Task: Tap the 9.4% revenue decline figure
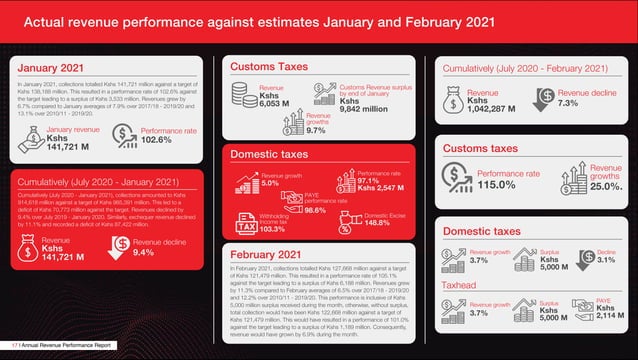[x=143, y=252]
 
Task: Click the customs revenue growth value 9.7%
[x=316, y=130]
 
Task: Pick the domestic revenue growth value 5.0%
[x=271, y=183]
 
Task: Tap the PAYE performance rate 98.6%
[x=316, y=210]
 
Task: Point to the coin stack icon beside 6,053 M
[x=244, y=94]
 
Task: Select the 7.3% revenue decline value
[x=568, y=103]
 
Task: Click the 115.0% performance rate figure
[x=497, y=185]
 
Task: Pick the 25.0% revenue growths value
[x=605, y=186]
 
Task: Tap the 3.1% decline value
[x=606, y=260]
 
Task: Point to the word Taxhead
[x=460, y=285]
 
